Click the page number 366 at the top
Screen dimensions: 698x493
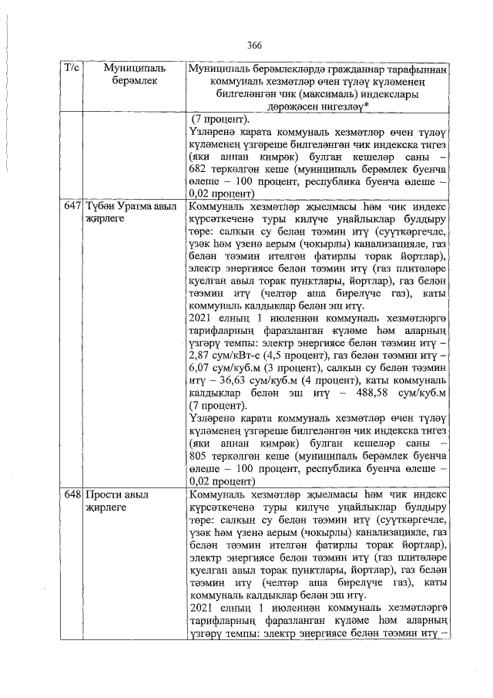pyautogui.click(x=256, y=46)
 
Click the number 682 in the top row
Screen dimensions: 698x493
pyautogui.click(x=199, y=169)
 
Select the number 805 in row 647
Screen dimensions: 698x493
pyautogui.click(x=199, y=457)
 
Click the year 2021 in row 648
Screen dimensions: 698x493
pyautogui.click(x=201, y=606)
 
